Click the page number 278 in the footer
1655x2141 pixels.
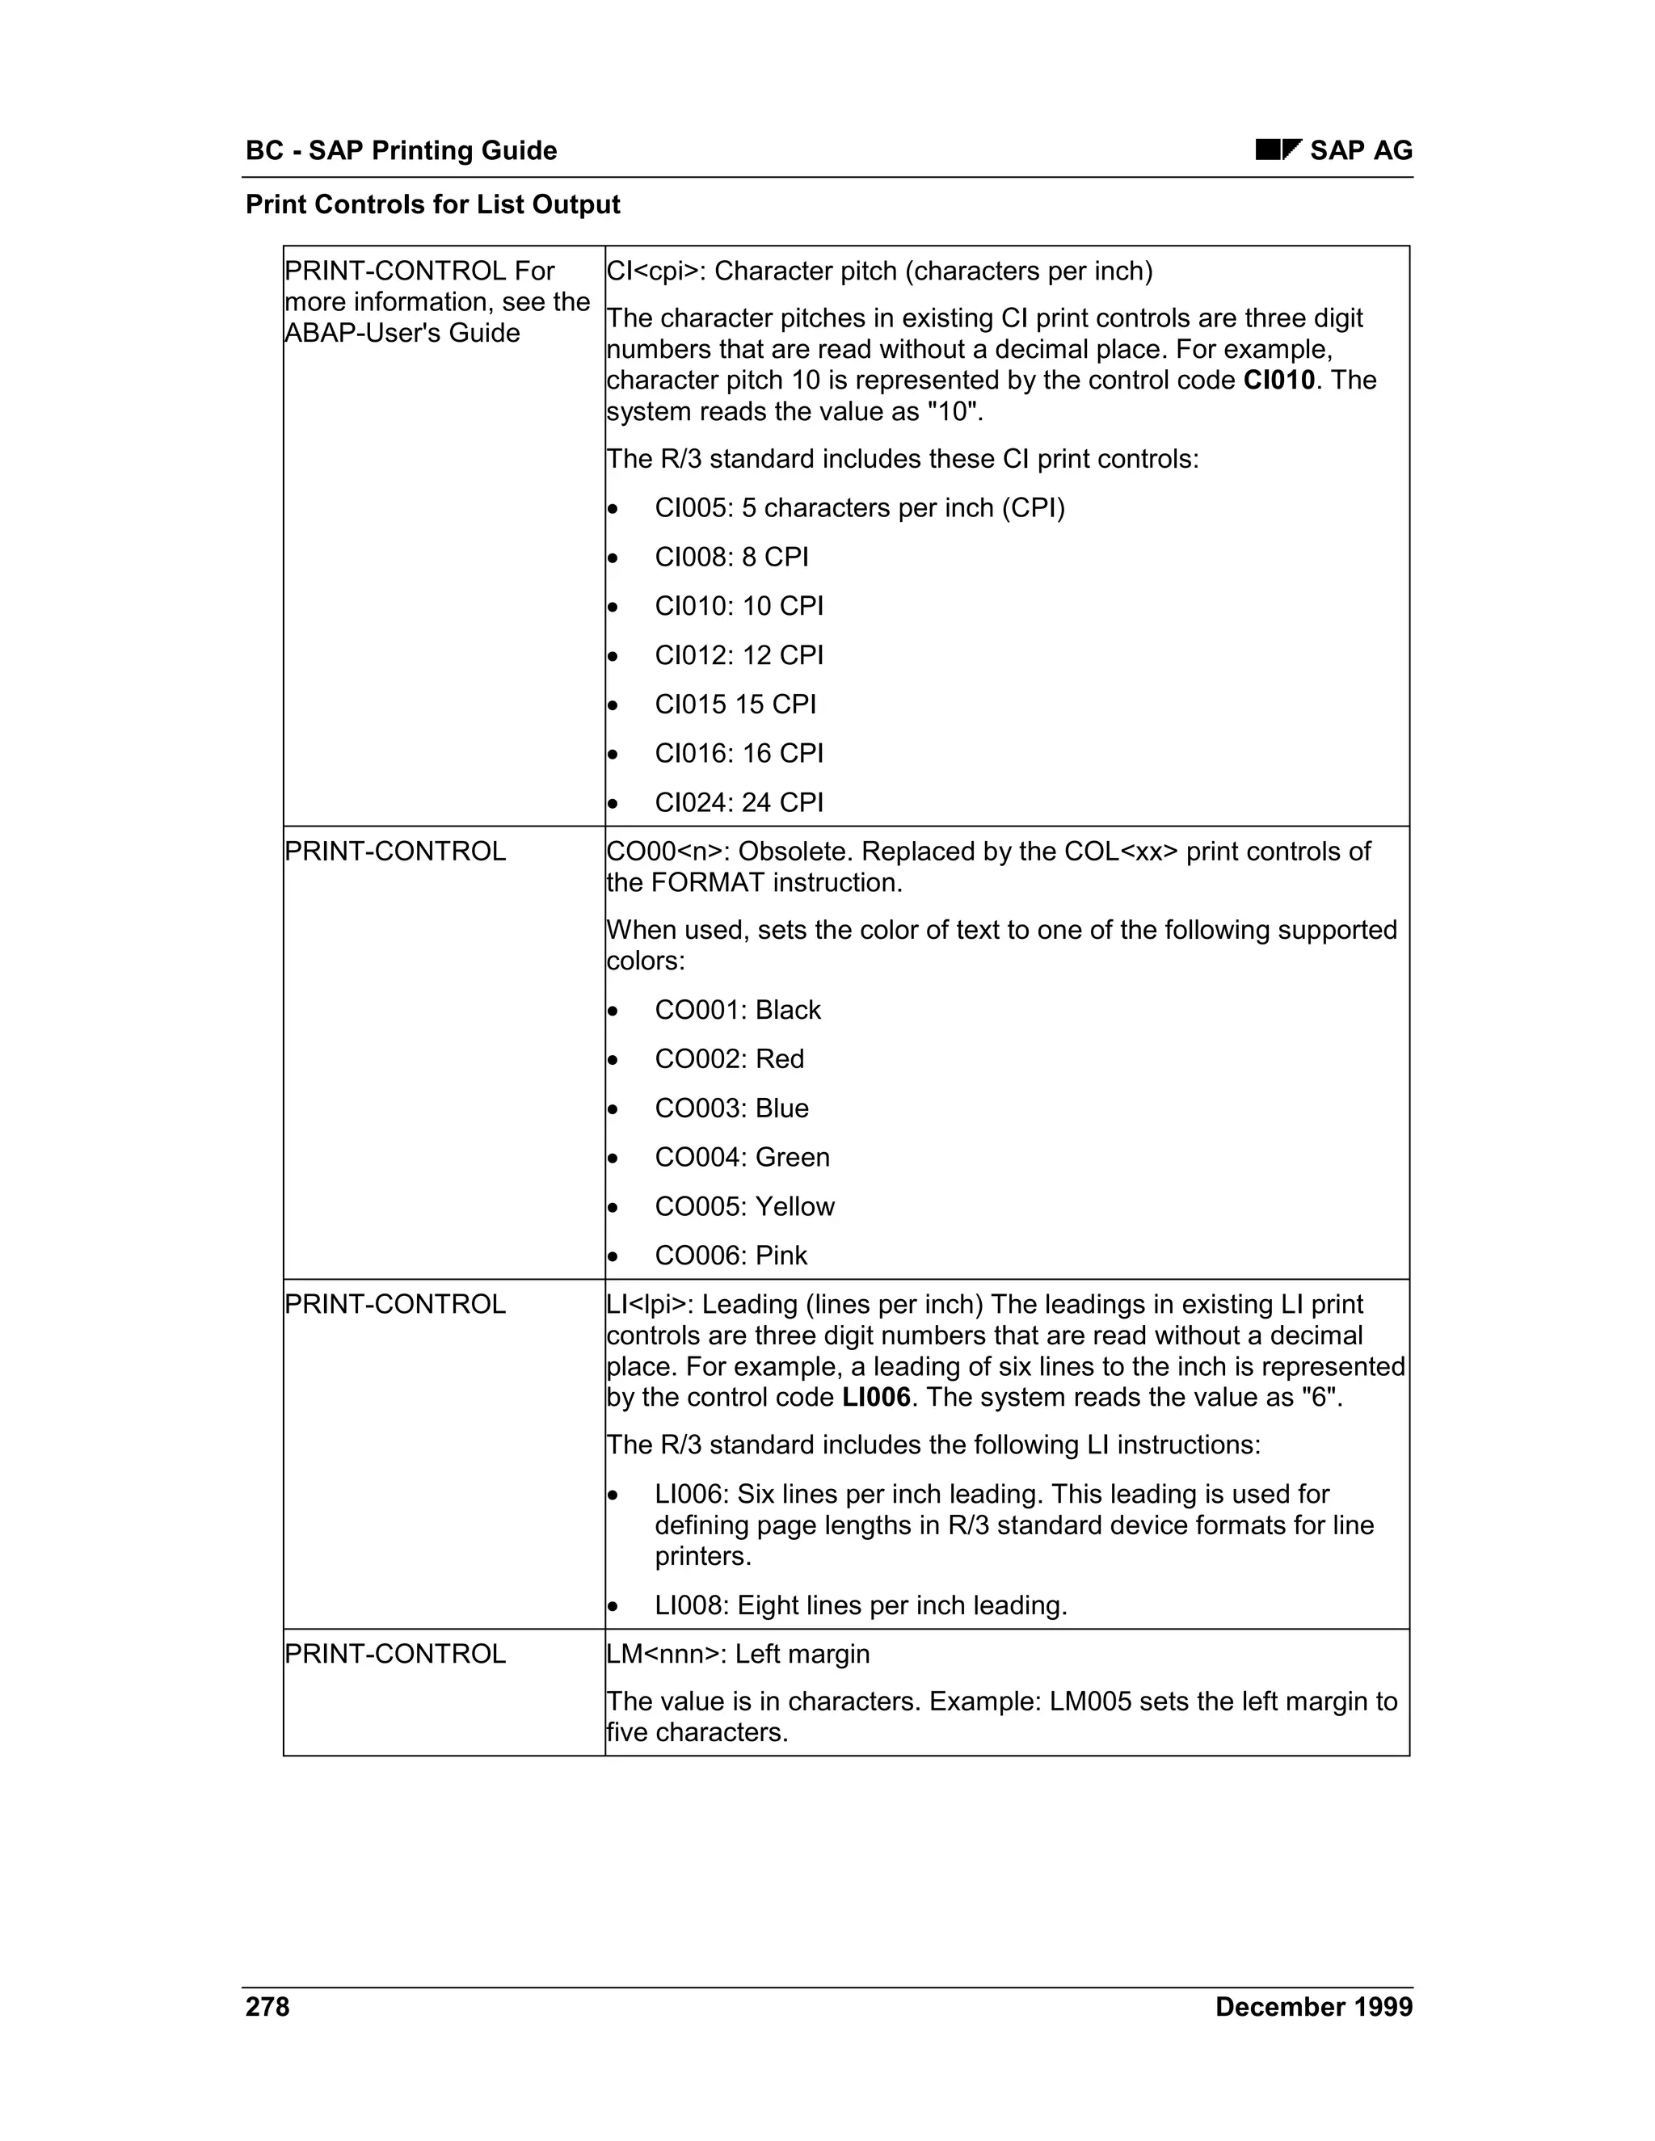click(x=267, y=2008)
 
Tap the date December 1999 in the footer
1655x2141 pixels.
click(x=1313, y=2008)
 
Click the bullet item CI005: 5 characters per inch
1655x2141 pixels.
click(x=859, y=508)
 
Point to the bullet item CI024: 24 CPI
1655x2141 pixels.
click(x=739, y=803)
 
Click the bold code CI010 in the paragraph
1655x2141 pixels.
click(x=1278, y=381)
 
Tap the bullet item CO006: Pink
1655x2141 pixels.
click(x=731, y=1256)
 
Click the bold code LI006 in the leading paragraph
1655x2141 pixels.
click(x=875, y=1398)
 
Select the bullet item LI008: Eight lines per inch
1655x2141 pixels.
click(x=860, y=1606)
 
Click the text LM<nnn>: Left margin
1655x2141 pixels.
click(x=737, y=1655)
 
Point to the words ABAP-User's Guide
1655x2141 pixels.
click(x=402, y=334)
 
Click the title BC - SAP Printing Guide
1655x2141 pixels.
click(x=401, y=150)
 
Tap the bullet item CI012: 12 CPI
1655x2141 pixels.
click(x=739, y=655)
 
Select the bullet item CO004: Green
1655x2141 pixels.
click(x=741, y=1157)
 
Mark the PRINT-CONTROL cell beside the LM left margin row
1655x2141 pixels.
click(x=395, y=1655)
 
